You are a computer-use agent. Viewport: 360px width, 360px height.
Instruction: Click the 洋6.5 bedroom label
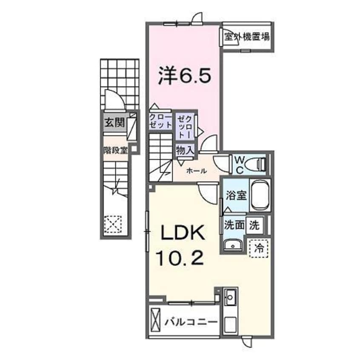point(184,77)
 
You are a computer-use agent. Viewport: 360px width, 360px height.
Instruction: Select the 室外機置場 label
point(247,37)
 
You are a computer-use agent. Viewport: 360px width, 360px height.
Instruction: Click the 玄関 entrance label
point(114,123)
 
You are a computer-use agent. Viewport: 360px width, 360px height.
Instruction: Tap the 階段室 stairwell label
point(115,150)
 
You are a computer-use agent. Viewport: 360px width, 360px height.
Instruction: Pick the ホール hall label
point(196,171)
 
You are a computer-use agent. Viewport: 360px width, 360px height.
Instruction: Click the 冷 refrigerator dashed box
point(258,246)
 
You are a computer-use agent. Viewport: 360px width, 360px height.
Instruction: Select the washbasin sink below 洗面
point(233,245)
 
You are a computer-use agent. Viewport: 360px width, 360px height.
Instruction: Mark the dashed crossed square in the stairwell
point(114,224)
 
